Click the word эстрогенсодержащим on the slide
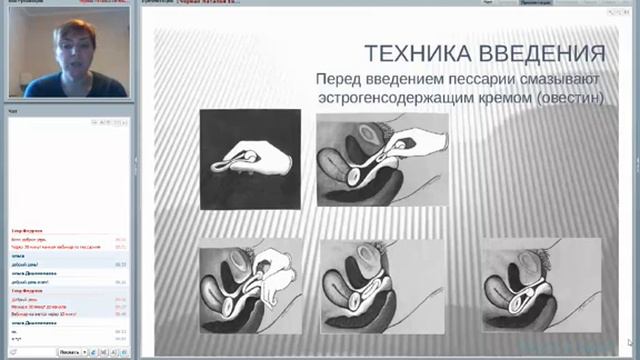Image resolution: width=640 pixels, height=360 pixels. tap(399, 99)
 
